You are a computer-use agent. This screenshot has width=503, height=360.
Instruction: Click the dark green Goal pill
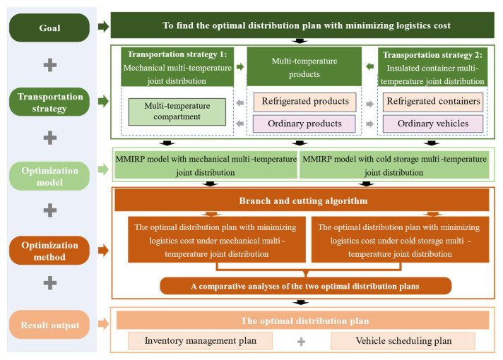49,28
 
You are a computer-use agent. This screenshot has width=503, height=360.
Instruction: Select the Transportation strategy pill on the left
49,102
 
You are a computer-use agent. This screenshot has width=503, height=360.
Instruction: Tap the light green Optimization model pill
49,176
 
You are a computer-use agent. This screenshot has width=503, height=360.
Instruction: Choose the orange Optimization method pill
49,251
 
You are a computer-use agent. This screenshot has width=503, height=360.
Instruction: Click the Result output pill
49,325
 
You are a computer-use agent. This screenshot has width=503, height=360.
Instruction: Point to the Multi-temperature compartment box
177,112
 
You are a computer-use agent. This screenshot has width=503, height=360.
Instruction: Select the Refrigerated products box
304,102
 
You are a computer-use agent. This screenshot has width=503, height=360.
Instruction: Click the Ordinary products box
304,124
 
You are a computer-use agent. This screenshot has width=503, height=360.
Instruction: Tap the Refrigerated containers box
433,102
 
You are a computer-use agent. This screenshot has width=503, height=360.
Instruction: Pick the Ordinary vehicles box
433,124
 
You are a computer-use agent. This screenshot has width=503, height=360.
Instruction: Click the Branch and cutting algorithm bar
302,200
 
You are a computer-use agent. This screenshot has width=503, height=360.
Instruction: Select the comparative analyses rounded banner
306,286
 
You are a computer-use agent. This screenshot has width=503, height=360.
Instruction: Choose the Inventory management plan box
200,341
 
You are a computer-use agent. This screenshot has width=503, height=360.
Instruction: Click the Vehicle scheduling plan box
403,341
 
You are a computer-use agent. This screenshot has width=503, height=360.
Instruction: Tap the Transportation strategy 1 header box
177,67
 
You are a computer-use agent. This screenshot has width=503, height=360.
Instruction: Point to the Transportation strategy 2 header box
432,67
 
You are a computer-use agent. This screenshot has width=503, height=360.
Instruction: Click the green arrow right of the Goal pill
104,27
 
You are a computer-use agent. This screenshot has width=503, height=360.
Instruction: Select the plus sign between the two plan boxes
301,342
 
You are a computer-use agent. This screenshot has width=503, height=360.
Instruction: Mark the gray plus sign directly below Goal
50,66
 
